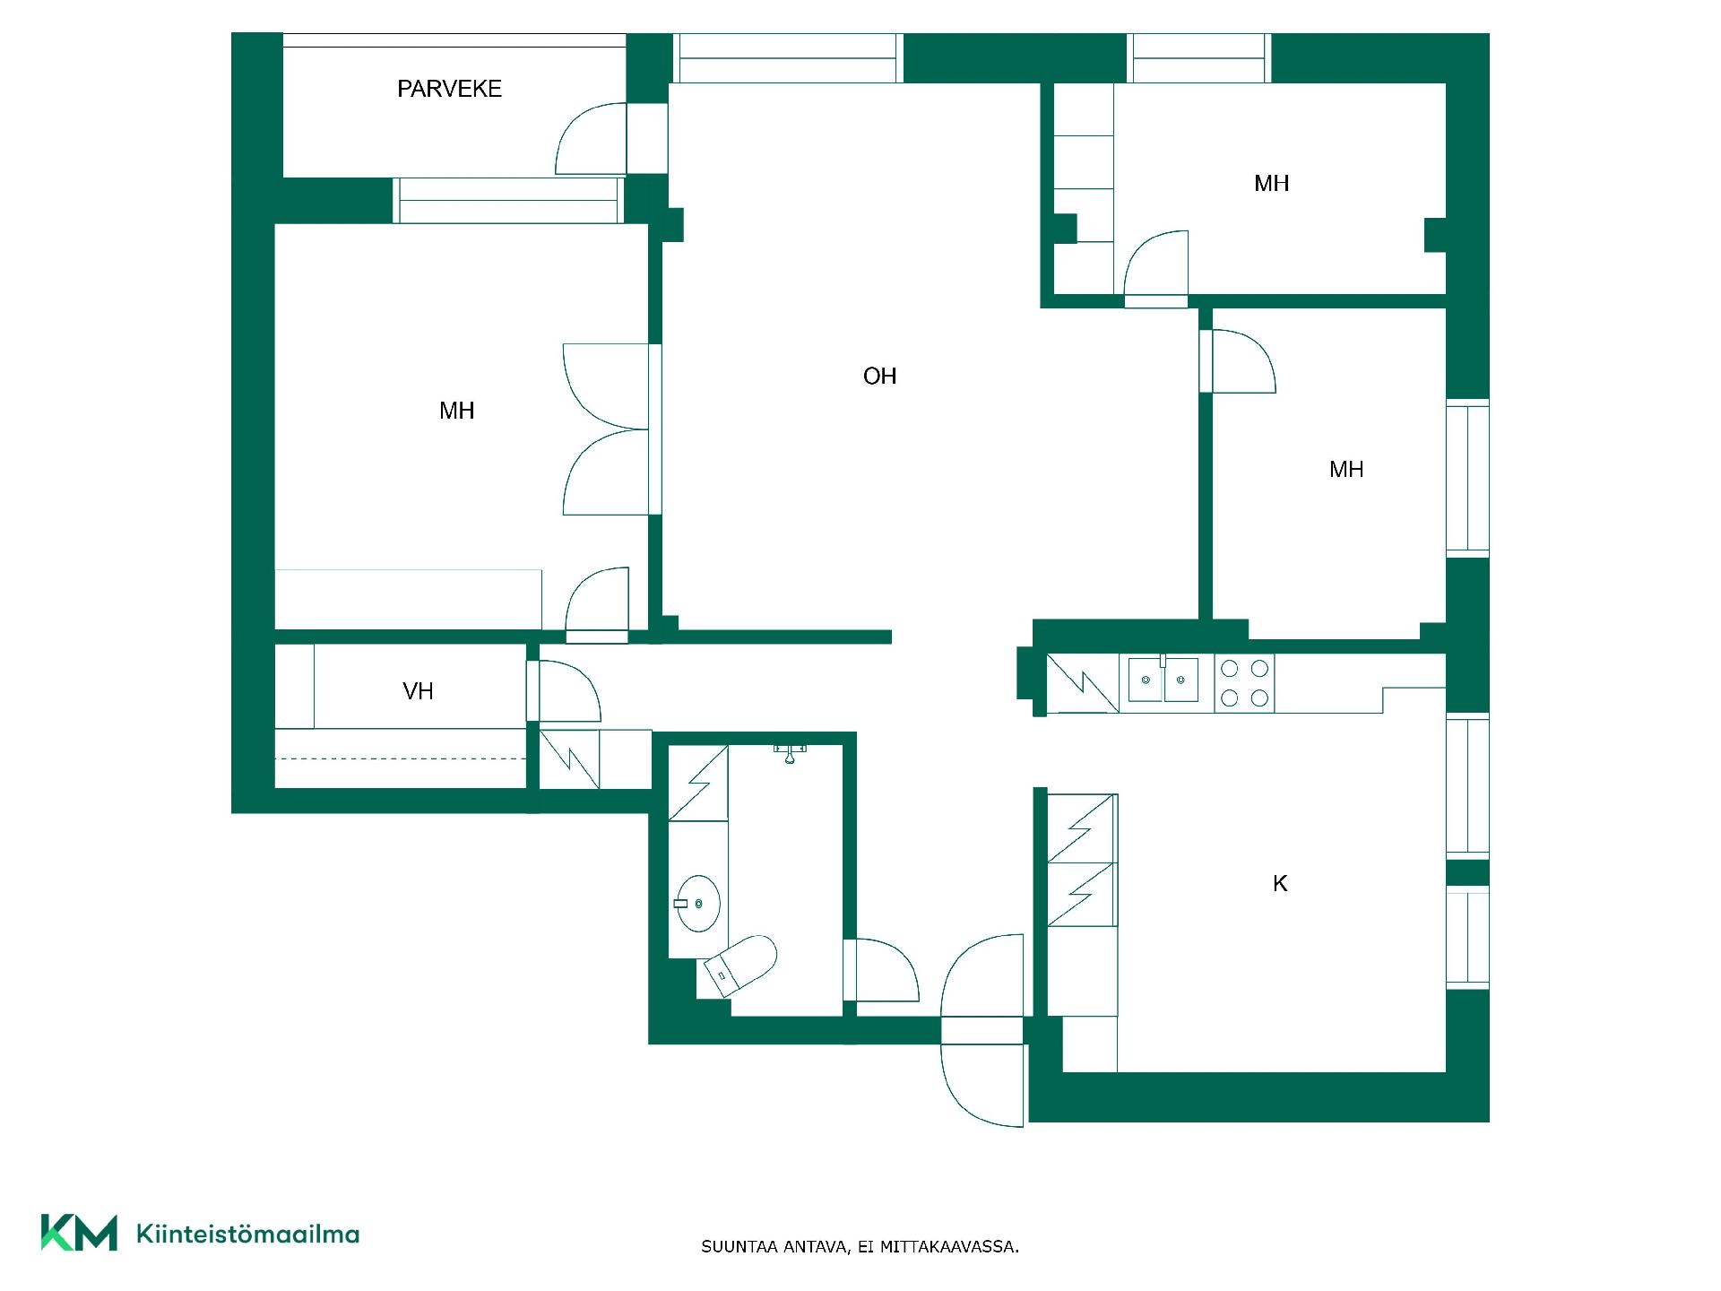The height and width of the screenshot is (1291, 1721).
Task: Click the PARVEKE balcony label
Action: coord(449,89)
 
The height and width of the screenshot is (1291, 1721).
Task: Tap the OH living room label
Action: coord(879,377)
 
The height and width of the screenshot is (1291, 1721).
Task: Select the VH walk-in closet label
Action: coord(418,691)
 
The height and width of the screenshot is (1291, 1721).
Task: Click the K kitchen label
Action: coord(1280,884)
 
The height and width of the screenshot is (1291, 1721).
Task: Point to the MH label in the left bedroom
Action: coord(456,412)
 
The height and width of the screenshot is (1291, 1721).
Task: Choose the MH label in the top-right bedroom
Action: coord(1271,184)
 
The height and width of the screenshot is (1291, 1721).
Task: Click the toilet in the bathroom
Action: coord(740,966)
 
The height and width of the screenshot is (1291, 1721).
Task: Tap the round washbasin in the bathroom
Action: coord(698,903)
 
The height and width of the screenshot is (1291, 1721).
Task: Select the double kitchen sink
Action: coord(1164,680)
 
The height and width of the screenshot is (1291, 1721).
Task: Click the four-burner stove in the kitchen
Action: coord(1244,682)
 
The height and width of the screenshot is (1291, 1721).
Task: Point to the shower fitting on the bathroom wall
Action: coord(790,752)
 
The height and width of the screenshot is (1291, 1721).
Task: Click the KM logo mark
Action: coord(79,1233)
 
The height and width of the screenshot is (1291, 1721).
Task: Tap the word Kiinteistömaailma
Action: coord(247,1234)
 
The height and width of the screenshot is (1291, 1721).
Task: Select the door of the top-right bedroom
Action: coord(1156,264)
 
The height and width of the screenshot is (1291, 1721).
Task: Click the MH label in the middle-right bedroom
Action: coord(1346,470)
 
